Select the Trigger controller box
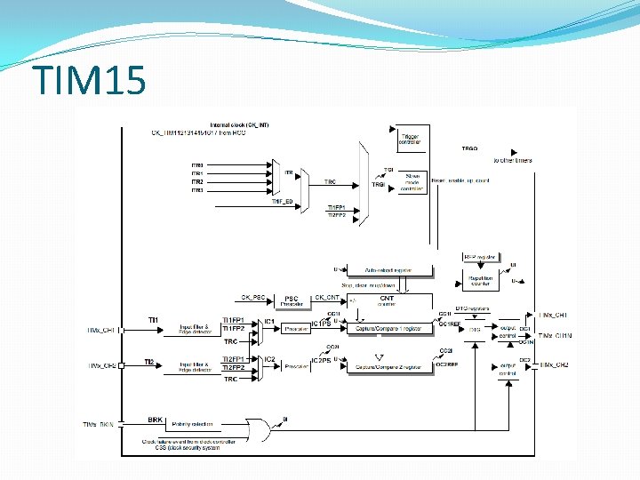(410, 137)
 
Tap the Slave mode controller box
(412, 180)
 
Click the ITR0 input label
(197, 165)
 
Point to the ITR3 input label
(197, 190)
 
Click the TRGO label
(469, 149)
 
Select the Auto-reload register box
(388, 269)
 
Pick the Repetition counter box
(480, 281)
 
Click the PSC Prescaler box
(292, 301)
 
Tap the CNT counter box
(387, 301)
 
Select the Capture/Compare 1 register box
(389, 328)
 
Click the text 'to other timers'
(513, 161)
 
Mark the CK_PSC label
(253, 297)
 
